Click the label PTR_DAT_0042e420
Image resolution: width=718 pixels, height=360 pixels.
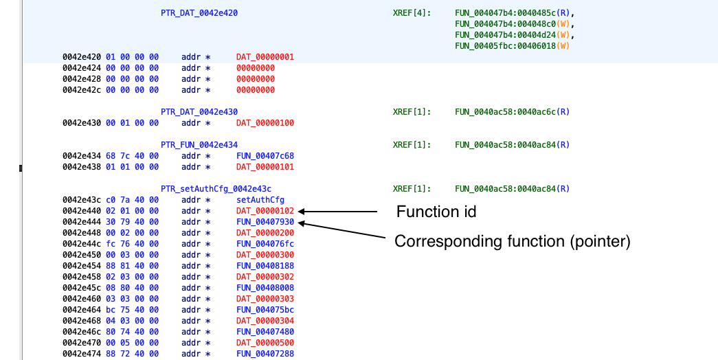pyautogui.click(x=199, y=13)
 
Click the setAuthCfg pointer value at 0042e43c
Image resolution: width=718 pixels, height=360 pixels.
pyautogui.click(x=260, y=200)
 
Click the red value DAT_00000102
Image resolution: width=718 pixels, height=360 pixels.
pyautogui.click(x=265, y=211)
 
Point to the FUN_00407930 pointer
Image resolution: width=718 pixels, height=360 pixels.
pyautogui.click(x=265, y=222)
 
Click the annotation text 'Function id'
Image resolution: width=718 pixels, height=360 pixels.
pyautogui.click(x=436, y=212)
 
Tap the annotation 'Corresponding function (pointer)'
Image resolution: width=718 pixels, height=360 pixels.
pyautogui.click(x=513, y=241)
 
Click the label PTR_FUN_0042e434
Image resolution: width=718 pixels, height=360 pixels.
pyautogui.click(x=199, y=145)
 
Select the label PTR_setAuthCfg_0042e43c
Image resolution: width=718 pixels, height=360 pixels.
pyautogui.click(x=219, y=189)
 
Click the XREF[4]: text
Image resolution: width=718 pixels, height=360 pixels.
pyautogui.click(x=412, y=13)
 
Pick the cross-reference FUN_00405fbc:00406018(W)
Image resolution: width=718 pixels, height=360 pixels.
pyautogui.click(x=513, y=46)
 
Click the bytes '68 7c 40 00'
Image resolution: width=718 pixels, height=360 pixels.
pyautogui.click(x=133, y=156)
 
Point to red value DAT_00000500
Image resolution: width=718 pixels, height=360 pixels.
pyautogui.click(x=265, y=343)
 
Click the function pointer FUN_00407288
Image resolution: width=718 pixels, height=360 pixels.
pyautogui.click(x=265, y=354)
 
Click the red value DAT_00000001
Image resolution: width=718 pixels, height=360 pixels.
pyautogui.click(x=265, y=57)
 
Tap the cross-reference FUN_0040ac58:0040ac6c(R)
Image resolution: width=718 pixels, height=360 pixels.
pyautogui.click(x=513, y=112)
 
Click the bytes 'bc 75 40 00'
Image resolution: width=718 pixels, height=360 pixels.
pyautogui.click(x=133, y=310)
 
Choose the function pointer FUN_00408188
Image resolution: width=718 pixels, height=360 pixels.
pyautogui.click(x=265, y=266)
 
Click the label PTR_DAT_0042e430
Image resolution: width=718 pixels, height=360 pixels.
pyautogui.click(x=199, y=112)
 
